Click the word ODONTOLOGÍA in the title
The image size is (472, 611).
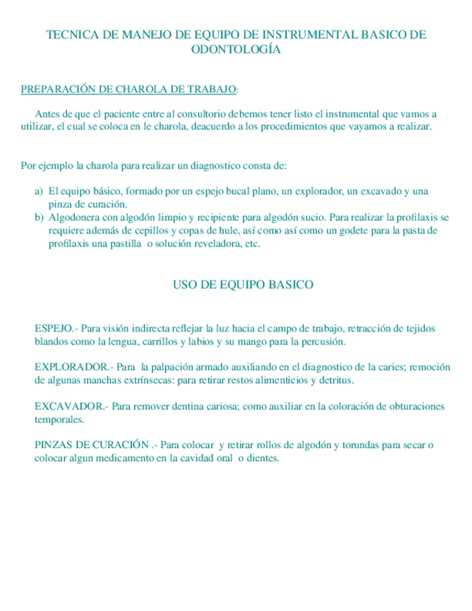(235, 50)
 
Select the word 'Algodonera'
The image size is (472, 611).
(75, 217)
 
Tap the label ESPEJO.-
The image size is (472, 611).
(57, 328)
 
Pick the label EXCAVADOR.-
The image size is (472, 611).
(71, 406)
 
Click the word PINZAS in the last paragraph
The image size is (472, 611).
(53, 445)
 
